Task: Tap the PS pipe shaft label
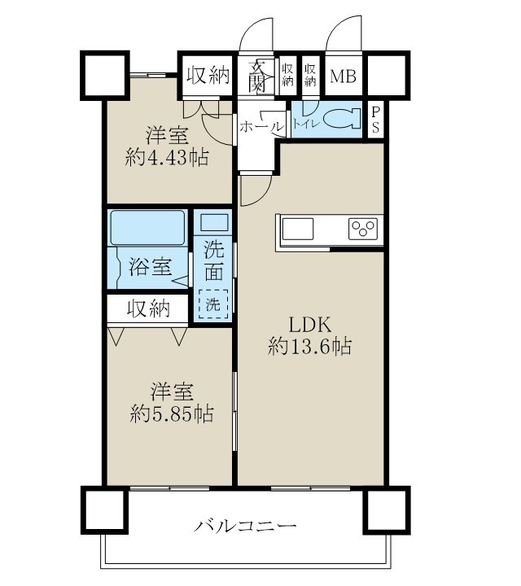[374, 120]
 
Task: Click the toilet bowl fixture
[343, 120]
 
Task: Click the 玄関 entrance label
[257, 75]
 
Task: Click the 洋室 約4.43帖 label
[169, 145]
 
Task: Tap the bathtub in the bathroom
[147, 227]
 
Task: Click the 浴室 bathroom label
[150, 266]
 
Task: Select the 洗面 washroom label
[213, 261]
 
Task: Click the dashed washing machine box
[213, 305]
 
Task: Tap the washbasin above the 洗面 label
[213, 223]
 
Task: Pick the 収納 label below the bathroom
[147, 308]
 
